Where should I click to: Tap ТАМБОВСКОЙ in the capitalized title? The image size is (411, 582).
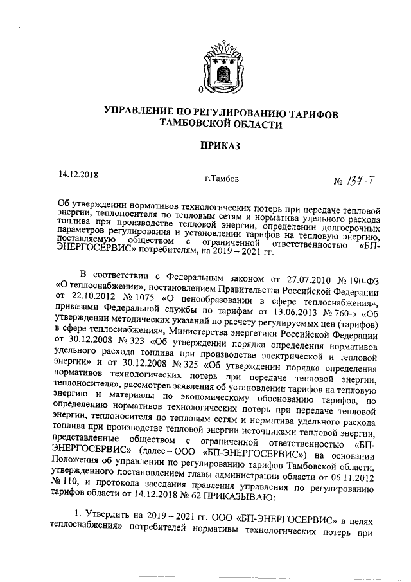tap(202, 126)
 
